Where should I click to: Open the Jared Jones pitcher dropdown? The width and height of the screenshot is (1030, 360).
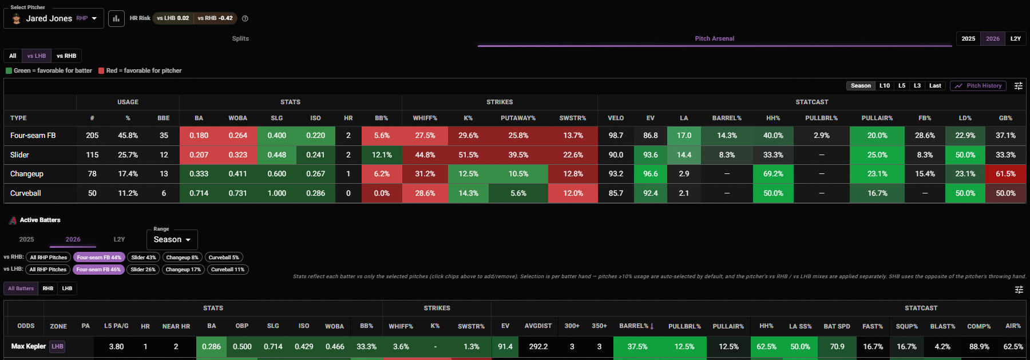54,18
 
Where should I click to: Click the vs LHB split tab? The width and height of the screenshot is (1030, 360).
37,56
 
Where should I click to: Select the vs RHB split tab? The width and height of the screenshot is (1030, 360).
66,56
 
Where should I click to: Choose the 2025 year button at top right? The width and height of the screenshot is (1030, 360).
968,39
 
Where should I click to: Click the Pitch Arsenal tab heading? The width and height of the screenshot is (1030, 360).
714,39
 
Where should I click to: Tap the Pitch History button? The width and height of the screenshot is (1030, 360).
978,86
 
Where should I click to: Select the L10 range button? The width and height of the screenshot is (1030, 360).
885,86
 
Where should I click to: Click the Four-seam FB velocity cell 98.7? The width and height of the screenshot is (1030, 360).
616,136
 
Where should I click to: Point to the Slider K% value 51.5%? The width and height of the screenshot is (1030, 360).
468,155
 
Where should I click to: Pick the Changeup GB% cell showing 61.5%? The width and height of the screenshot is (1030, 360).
1005,174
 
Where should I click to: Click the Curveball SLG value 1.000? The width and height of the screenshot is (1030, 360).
277,193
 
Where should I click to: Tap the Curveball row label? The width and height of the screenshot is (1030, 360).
26,193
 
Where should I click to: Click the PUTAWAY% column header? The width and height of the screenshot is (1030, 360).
518,118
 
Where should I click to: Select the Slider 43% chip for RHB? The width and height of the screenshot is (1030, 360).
143,258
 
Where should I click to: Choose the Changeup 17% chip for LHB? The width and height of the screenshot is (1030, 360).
183,270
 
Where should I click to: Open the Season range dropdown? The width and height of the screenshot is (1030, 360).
172,240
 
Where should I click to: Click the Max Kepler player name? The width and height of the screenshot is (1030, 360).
29,346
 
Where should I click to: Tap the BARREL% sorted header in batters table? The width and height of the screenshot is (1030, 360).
636,326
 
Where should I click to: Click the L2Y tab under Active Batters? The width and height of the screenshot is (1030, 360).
119,239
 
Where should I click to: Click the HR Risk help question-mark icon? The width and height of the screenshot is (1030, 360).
245,18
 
